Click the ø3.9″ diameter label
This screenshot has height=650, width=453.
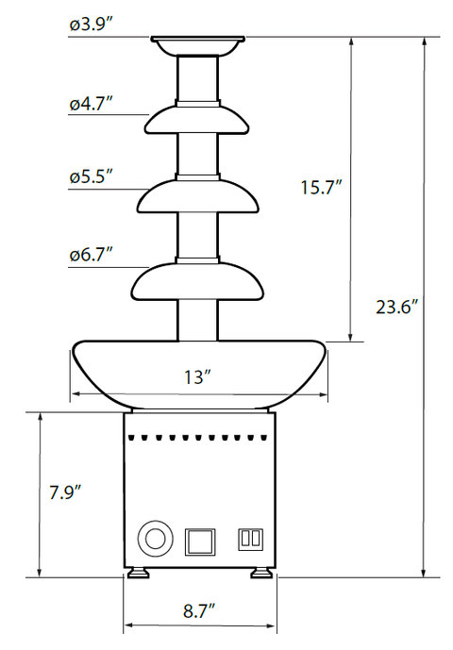[92, 25]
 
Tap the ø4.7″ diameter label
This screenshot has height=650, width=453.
[92, 103]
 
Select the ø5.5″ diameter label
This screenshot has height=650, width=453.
[92, 177]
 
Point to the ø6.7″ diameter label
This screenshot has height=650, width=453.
[92, 255]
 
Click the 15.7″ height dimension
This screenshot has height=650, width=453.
[321, 188]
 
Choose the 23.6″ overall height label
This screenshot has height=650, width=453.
[396, 308]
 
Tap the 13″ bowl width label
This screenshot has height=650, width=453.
[198, 377]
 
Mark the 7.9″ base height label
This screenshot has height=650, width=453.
[65, 492]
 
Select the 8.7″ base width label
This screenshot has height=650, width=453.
[199, 611]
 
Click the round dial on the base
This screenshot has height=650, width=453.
[156, 539]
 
